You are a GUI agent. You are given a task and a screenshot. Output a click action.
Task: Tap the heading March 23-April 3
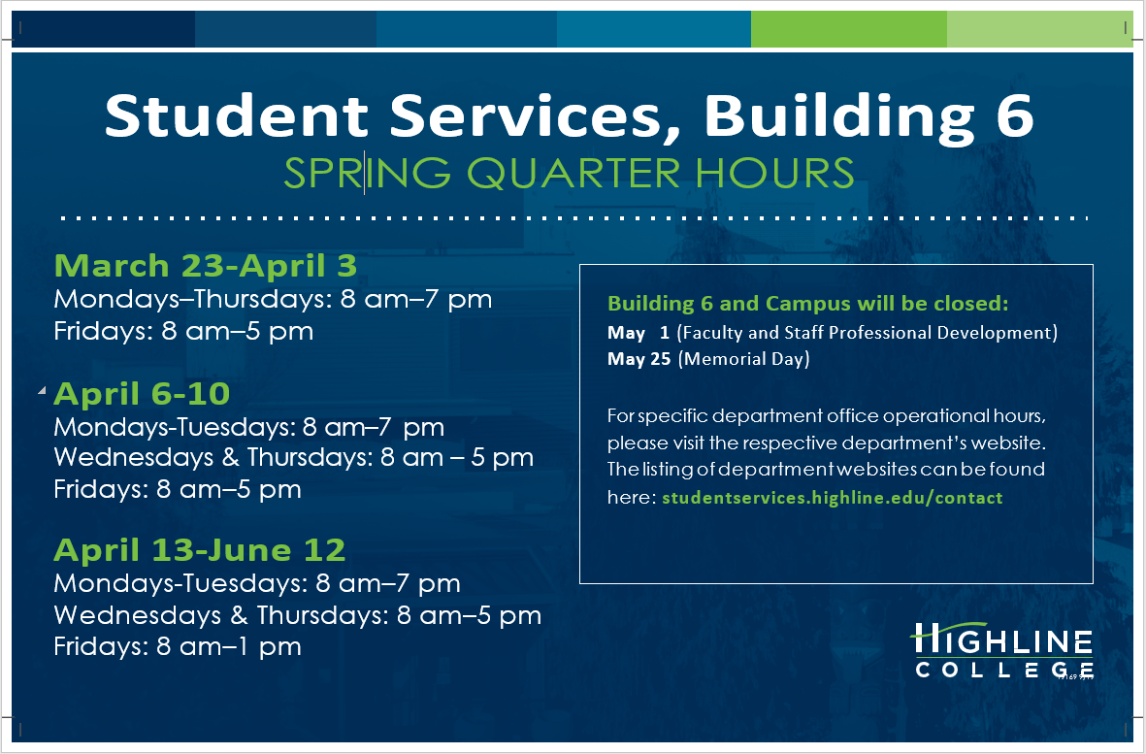click(206, 265)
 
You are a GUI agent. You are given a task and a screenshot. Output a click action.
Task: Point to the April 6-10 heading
click(142, 393)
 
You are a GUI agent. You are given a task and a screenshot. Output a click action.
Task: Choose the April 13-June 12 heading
click(199, 550)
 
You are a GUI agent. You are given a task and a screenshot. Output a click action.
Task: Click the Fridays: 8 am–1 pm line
click(178, 646)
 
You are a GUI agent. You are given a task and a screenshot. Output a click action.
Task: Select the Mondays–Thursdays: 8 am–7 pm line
click(273, 299)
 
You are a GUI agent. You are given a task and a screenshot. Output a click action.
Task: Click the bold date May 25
click(639, 359)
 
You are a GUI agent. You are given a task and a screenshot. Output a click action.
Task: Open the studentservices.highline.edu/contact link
click(832, 498)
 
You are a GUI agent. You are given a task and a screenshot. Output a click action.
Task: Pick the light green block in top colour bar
click(1038, 30)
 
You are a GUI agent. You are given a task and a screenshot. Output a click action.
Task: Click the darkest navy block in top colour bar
click(103, 30)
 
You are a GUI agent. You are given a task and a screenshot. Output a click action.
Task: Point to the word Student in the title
click(236, 115)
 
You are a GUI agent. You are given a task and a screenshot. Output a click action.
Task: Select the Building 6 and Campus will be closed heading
click(807, 304)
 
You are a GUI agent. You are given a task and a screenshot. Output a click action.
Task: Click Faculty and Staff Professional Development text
click(867, 333)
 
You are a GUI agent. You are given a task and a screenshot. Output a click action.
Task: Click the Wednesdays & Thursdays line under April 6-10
click(293, 457)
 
